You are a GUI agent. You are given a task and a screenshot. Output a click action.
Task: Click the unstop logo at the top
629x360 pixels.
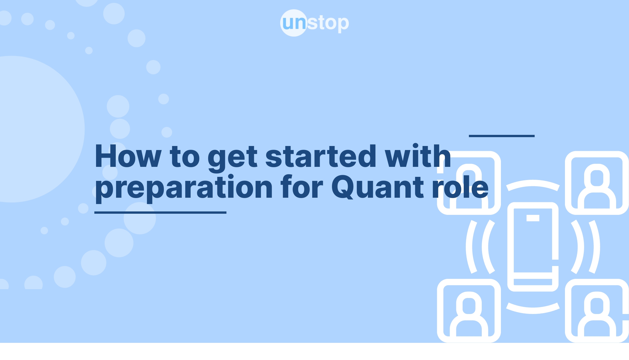tap(314, 23)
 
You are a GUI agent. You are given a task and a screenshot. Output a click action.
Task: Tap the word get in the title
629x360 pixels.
tap(232, 158)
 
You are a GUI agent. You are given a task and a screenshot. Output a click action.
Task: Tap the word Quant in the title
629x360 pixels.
tap(377, 187)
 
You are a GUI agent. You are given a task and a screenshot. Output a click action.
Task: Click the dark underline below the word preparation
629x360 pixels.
tap(160, 213)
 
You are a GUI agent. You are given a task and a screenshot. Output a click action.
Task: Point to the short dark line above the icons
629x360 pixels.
tap(502, 136)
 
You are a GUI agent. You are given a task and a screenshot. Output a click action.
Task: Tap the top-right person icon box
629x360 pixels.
tap(597, 183)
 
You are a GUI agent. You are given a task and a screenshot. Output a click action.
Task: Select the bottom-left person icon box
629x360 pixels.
tap(469, 311)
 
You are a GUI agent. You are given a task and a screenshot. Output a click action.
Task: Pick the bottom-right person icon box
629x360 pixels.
tap(597, 311)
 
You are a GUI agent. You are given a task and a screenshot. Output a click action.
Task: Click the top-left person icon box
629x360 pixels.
tap(469, 183)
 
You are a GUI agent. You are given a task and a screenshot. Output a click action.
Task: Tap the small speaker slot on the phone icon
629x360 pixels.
tap(533, 218)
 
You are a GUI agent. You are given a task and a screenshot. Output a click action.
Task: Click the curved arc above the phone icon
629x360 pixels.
tap(533, 183)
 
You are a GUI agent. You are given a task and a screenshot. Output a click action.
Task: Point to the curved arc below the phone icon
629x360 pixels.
tap(533, 311)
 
